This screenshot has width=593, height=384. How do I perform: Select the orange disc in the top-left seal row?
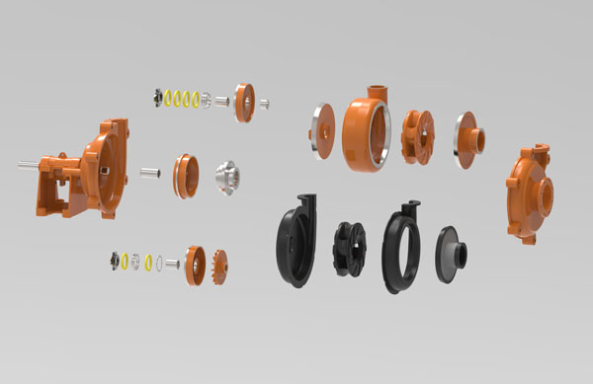244,102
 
